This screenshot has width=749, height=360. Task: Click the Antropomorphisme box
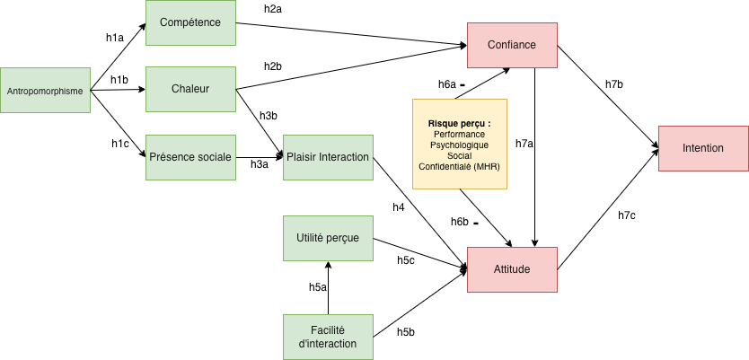46,90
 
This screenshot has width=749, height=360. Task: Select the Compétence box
189,22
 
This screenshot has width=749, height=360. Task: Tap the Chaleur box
189,88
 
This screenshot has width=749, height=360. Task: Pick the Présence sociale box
189,157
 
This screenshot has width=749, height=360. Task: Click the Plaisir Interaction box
328,157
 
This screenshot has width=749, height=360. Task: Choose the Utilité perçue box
328,238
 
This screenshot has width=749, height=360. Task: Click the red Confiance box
513,45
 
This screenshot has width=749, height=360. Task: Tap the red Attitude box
512,268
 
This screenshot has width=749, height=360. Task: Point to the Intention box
703,148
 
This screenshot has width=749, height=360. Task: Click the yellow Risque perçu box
460,144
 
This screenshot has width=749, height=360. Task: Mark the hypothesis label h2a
273,9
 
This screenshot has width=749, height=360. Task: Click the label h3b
268,116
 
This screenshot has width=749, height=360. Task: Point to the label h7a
524,143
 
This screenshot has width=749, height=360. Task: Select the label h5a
317,287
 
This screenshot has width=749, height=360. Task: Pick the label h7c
627,215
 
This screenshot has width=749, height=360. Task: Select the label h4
399,207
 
